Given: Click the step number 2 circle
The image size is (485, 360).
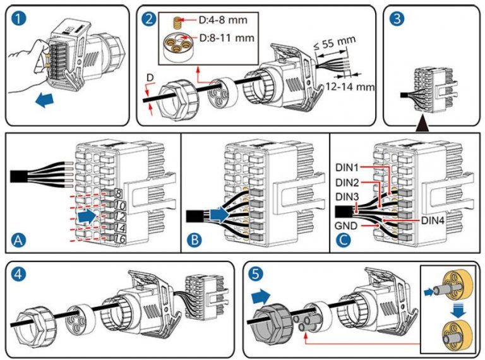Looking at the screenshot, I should tap(149, 18).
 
